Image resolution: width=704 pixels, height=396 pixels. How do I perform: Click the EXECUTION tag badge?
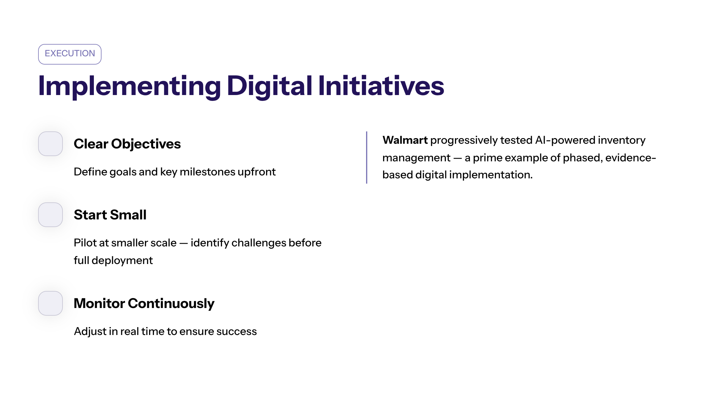70,54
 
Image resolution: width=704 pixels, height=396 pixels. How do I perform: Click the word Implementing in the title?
129,86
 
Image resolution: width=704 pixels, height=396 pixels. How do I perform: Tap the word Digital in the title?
270,86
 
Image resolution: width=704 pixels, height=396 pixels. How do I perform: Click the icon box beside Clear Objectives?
50,144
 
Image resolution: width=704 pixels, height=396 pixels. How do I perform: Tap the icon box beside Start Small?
50,215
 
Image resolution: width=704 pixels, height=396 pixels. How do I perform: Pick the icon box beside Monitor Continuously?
50,303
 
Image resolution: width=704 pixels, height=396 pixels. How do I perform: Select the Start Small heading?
110,215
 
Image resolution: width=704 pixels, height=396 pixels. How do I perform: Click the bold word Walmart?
405,140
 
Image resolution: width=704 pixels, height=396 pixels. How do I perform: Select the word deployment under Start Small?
122,261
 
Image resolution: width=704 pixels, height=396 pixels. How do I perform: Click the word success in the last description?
236,331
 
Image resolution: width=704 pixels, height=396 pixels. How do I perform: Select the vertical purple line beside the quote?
367,158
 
